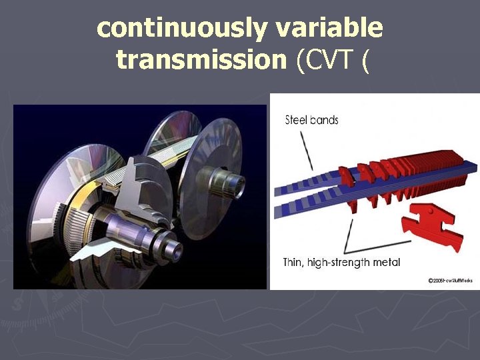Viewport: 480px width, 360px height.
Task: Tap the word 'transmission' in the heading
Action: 201,60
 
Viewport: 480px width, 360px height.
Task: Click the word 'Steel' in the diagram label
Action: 297,121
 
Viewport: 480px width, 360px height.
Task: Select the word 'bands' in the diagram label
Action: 325,121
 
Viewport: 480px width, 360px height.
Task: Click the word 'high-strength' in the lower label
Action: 341,262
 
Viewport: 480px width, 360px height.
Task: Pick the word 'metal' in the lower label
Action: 387,262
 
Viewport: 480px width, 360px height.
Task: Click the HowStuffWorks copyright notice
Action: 450,281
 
